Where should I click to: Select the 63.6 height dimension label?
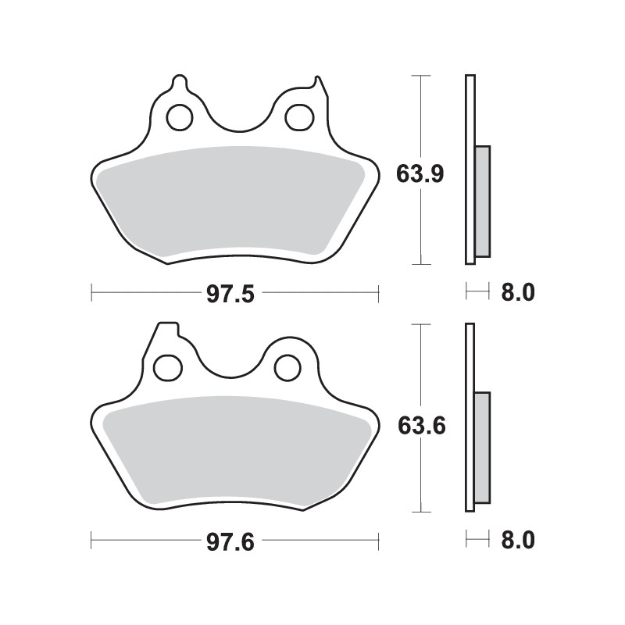click(420, 427)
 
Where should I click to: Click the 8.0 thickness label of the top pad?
click(516, 294)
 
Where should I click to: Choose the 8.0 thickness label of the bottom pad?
click(516, 541)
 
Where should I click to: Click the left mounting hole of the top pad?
click(179, 116)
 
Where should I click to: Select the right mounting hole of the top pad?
click(298, 116)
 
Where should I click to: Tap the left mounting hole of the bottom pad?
click(167, 366)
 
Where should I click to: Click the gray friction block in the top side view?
click(482, 201)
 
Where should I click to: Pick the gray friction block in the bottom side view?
click(482, 447)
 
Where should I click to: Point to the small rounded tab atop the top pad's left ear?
click(178, 80)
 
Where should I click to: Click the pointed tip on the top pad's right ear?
click(316, 80)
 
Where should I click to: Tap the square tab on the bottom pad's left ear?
click(167, 328)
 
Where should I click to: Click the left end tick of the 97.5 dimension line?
click(92, 294)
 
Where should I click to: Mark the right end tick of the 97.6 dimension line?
click(379, 541)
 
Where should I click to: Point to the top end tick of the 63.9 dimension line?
click(422, 76)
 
